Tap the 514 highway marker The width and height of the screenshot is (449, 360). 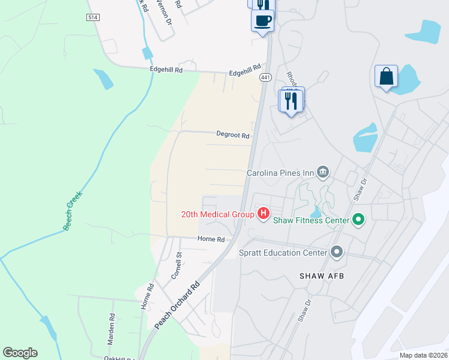(x=92, y=17)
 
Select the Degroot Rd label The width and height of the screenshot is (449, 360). (x=233, y=136)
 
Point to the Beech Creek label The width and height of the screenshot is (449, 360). (x=72, y=211)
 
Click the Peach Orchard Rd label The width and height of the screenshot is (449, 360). (x=176, y=306)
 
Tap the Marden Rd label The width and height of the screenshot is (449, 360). (x=111, y=328)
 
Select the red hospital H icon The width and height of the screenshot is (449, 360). (x=263, y=213)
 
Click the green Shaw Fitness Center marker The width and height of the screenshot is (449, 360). (x=358, y=220)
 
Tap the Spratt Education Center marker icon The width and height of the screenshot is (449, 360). (x=336, y=252)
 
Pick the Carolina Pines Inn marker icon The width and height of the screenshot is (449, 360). (x=323, y=173)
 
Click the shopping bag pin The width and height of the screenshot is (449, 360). (x=386, y=77)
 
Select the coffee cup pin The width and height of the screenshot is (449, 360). (x=262, y=20)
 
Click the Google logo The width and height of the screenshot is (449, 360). (x=20, y=353)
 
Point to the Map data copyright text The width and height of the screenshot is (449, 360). (x=423, y=355)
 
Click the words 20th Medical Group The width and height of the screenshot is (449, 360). (x=218, y=214)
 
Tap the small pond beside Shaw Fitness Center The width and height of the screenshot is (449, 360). (x=315, y=212)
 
